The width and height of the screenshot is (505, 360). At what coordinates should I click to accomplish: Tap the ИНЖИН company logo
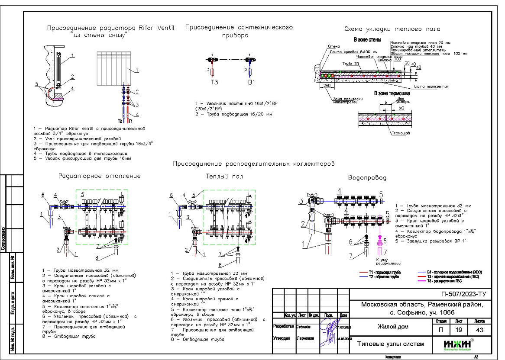(459, 344)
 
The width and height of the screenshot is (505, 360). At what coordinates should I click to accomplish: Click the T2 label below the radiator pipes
(121, 122)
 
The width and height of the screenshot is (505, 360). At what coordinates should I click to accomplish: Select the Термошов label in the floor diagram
(401, 133)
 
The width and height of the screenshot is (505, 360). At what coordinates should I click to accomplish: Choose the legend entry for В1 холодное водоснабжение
(454, 272)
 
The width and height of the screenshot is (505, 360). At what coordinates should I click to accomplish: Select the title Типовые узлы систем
(390, 344)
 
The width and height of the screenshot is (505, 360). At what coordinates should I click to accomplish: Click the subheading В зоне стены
(367, 40)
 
